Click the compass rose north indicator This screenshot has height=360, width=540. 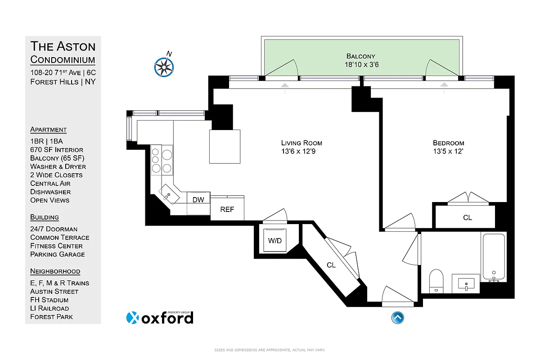coord(164,66)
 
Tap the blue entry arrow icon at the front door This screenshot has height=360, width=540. coord(397,318)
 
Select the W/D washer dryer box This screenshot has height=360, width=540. coord(275,241)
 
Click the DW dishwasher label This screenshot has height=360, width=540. coord(198,199)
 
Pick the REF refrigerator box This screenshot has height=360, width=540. coord(227,209)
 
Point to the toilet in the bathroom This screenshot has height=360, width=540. coord(436,280)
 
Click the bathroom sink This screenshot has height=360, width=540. coord(466,284)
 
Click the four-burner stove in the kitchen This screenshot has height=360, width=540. coord(162,161)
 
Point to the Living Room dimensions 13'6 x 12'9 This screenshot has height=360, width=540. coord(301,152)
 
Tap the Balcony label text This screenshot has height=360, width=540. coord(360,56)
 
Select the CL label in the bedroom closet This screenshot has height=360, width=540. coord(468,217)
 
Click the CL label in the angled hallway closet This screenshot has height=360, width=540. coord(331,265)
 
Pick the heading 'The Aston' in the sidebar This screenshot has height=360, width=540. coord(63,46)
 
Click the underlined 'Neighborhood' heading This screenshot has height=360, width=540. coord(55,271)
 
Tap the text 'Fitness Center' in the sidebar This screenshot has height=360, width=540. coord(57,246)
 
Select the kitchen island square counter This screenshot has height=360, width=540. coord(225,146)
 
